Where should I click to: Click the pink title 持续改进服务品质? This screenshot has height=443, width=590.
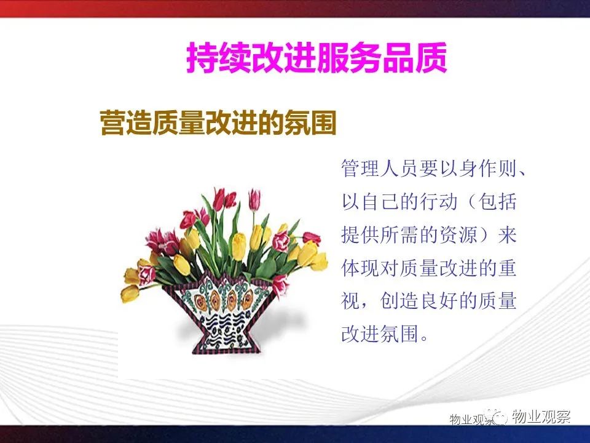click(317, 57)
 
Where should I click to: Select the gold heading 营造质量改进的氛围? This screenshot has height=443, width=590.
click(218, 122)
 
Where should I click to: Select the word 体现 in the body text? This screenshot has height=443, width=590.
click(360, 268)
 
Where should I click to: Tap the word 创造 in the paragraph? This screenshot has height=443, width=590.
click(399, 301)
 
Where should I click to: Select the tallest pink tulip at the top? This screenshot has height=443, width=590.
click(254, 199)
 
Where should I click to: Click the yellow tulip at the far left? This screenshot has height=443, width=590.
click(130, 293)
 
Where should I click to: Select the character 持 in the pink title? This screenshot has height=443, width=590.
click(202, 57)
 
